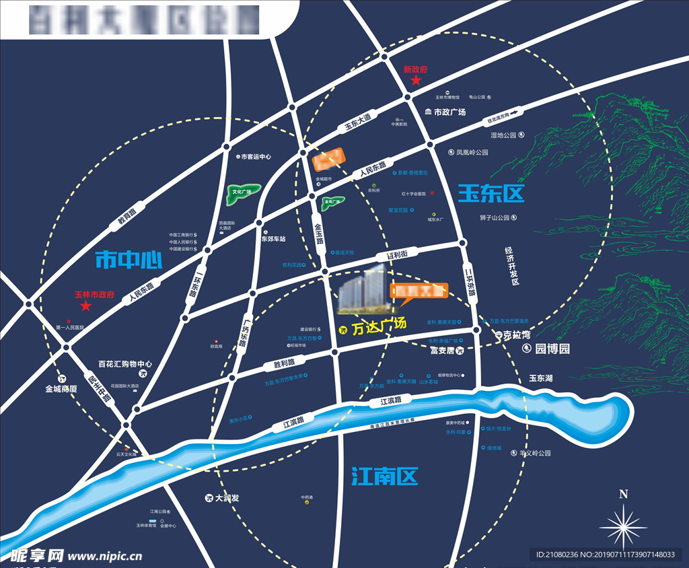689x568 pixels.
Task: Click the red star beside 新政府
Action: (x=416, y=81)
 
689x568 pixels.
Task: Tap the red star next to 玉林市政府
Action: (x=85, y=306)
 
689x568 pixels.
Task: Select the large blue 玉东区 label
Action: (x=491, y=194)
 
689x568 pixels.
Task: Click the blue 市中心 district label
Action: (x=129, y=259)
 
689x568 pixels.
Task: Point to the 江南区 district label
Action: (x=385, y=476)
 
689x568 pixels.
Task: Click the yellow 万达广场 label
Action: (x=379, y=324)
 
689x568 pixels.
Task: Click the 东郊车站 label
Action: (x=274, y=239)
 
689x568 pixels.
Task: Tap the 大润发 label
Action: (x=227, y=499)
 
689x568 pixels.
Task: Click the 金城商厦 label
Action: (x=62, y=388)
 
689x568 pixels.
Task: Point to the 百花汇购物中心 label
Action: (x=125, y=363)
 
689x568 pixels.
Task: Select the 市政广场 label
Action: (x=449, y=112)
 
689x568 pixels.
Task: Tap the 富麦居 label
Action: (x=443, y=351)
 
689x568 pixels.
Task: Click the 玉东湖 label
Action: (x=540, y=379)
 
